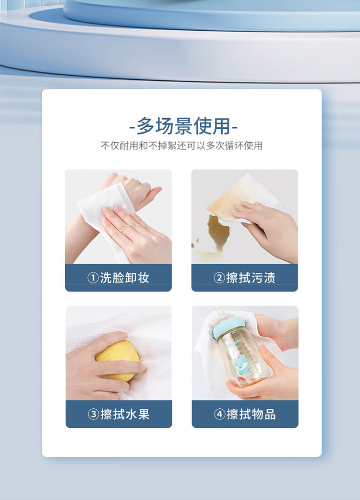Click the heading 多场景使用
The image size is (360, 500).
[183, 126]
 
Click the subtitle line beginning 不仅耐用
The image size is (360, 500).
[181, 146]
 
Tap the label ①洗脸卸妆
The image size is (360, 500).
[118, 278]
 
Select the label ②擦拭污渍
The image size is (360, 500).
[244, 278]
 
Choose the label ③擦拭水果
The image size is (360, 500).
[119, 414]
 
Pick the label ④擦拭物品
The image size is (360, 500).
[245, 414]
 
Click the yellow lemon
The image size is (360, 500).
[117, 360]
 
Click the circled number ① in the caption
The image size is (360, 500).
[93, 278]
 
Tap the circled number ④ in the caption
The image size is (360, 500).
[219, 415]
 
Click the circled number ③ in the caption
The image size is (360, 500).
[93, 415]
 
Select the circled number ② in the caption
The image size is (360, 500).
[219, 278]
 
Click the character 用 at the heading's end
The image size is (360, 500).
[221, 126]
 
